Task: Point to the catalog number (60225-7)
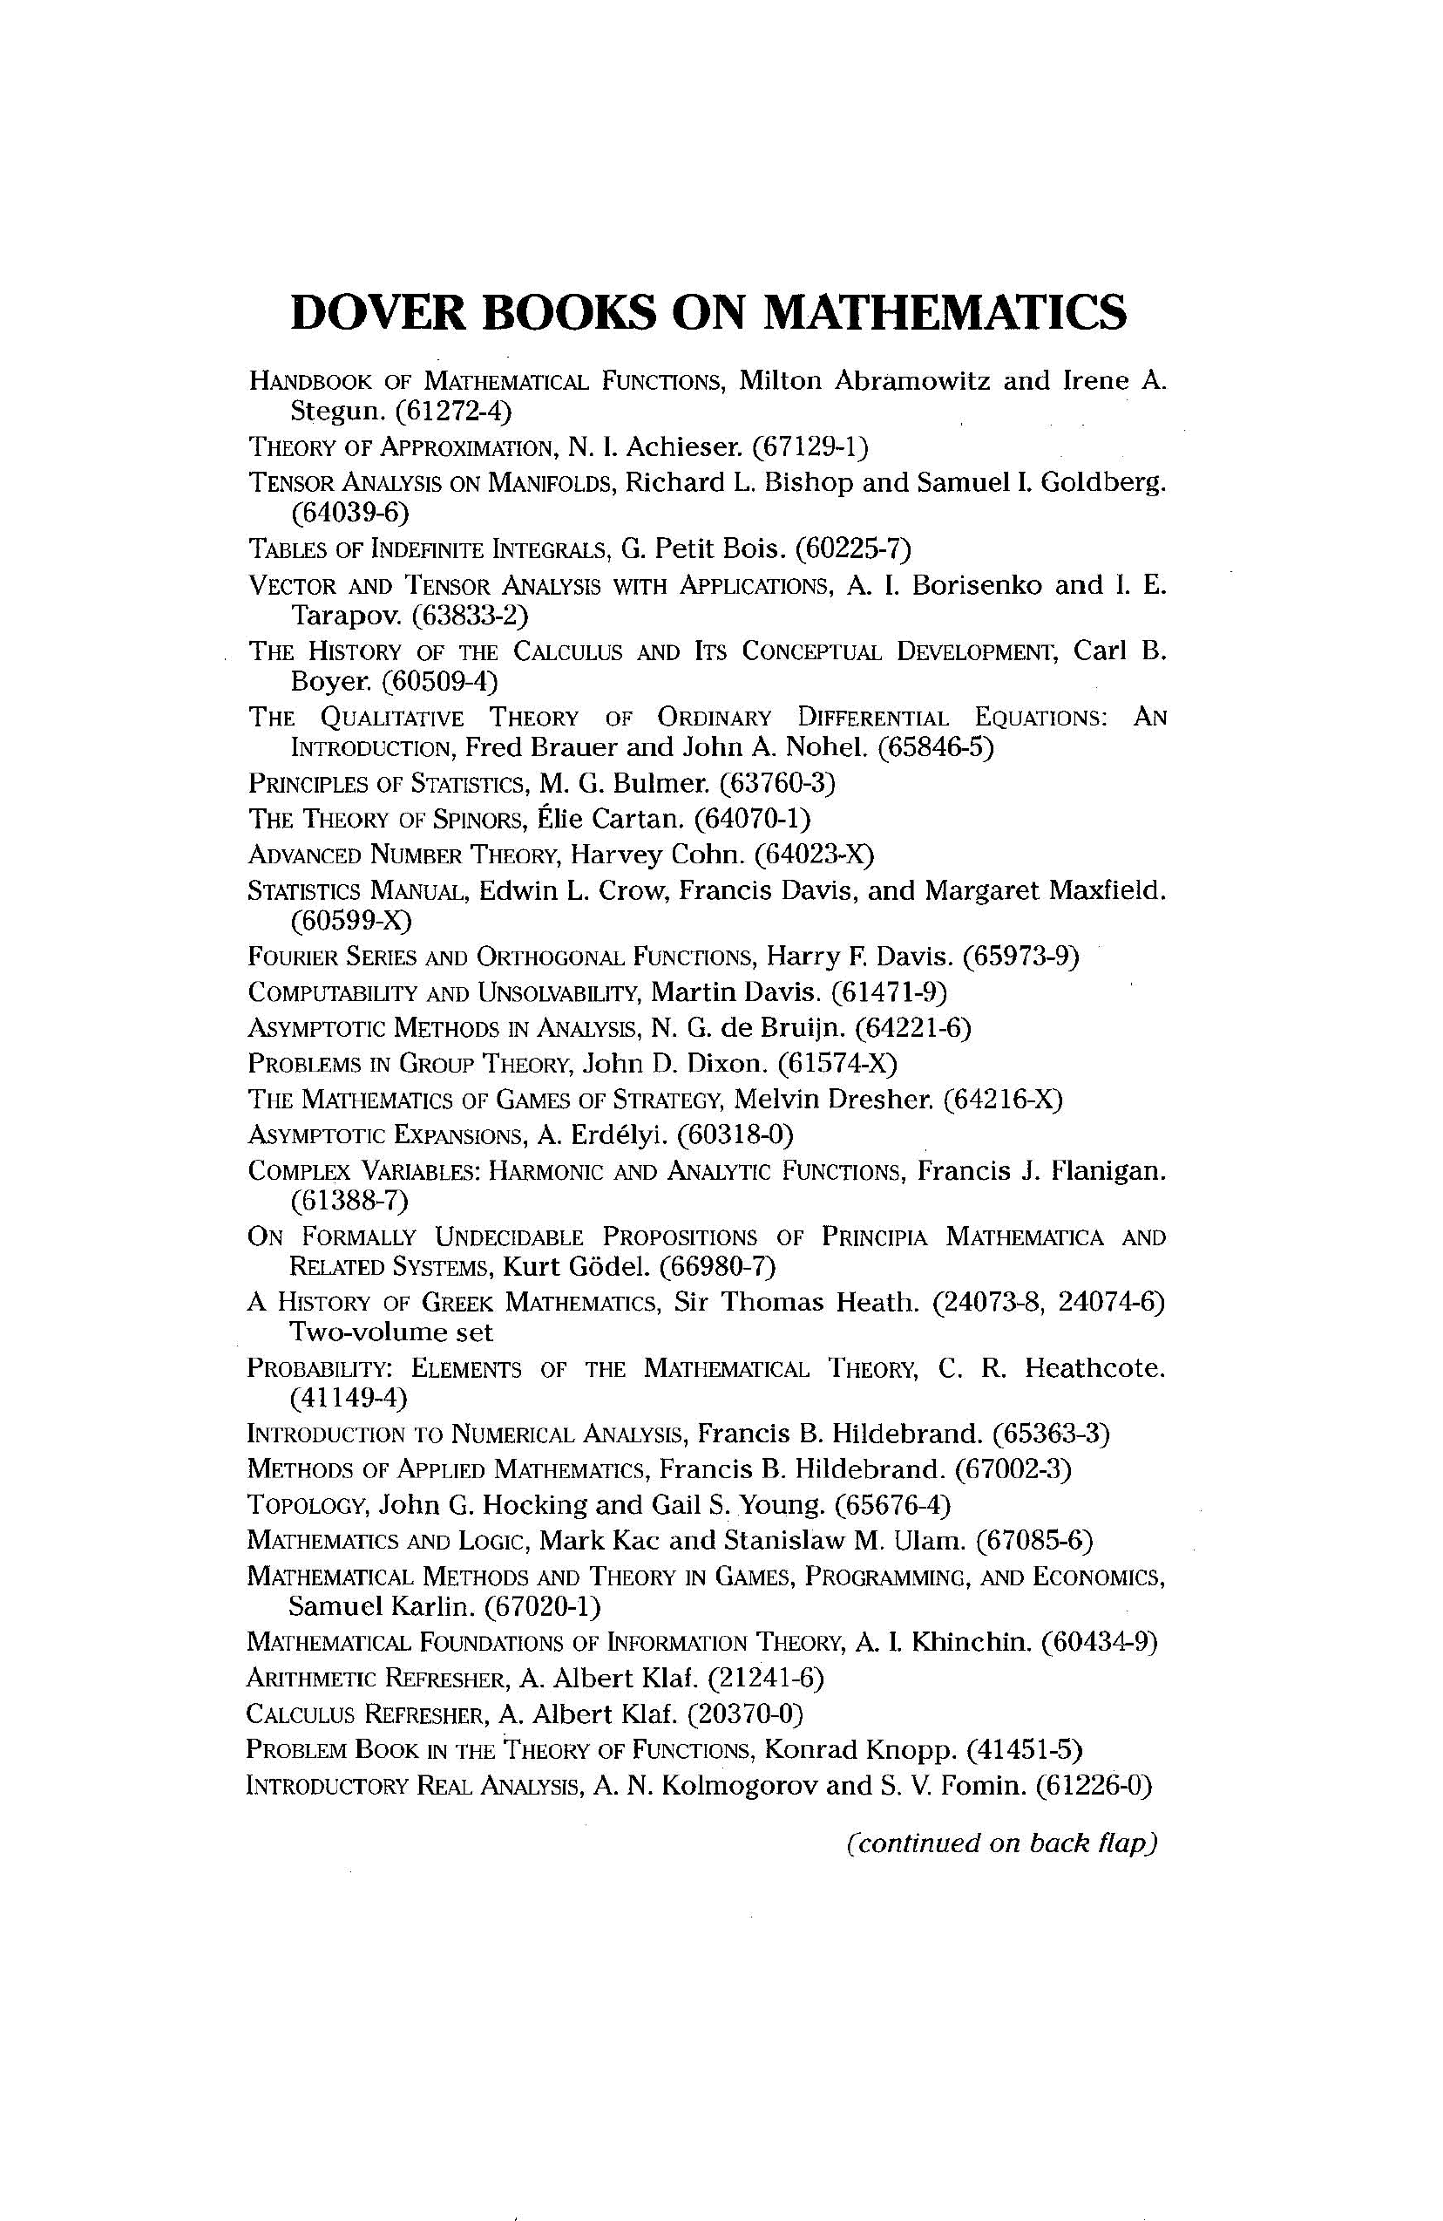pos(851,547)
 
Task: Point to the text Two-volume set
pos(391,1332)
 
